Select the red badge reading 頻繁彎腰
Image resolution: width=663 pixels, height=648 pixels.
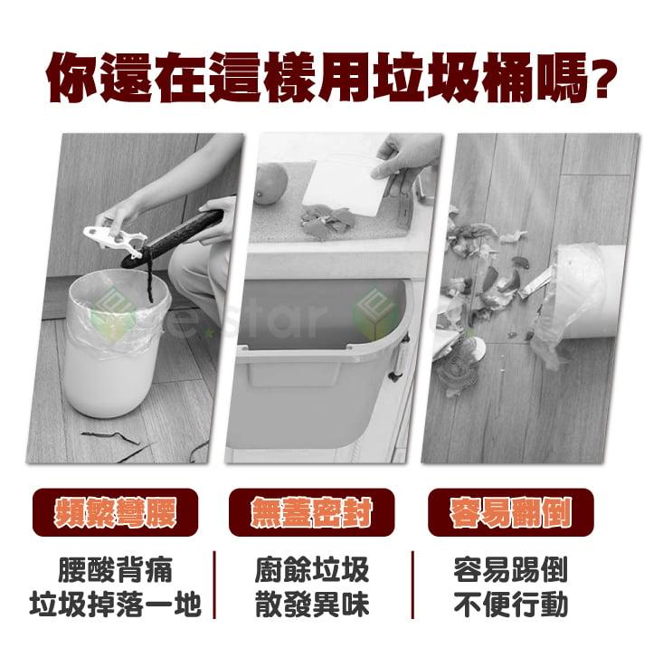point(114,511)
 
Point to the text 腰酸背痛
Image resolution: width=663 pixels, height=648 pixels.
point(114,570)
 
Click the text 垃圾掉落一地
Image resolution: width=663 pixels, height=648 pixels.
point(114,605)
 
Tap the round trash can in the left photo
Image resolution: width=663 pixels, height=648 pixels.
point(113,348)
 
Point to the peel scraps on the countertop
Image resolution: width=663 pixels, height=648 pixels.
point(327,218)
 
